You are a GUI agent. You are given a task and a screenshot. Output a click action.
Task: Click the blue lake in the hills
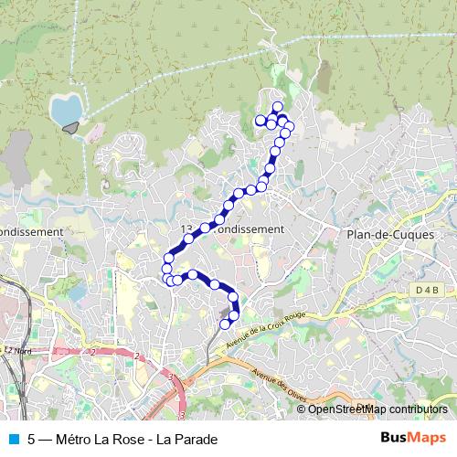coord(65,109)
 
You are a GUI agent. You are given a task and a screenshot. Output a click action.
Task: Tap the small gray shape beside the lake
coord(69,128)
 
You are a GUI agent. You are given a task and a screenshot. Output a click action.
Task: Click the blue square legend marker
coord(12,438)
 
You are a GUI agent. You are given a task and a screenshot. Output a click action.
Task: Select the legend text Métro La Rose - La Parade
coord(136,438)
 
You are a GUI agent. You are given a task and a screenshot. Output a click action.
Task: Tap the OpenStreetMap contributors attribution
coord(377,409)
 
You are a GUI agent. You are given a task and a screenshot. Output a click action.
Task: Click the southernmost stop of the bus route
coord(225,324)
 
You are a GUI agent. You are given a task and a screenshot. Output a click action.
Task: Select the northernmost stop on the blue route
coord(277,107)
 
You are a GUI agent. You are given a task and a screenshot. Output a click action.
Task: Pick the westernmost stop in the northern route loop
coord(260,120)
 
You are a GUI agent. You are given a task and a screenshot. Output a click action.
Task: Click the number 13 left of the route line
coord(186,228)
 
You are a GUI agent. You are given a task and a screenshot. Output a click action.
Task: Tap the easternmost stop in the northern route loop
coord(289,126)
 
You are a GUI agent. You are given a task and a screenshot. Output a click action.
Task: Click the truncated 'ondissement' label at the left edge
coord(31,232)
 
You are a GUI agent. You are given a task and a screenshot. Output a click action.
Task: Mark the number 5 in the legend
coord(32,438)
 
